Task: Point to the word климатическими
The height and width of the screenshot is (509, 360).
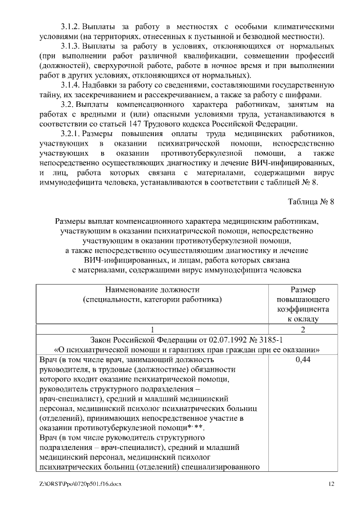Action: click(x=304, y=26)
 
